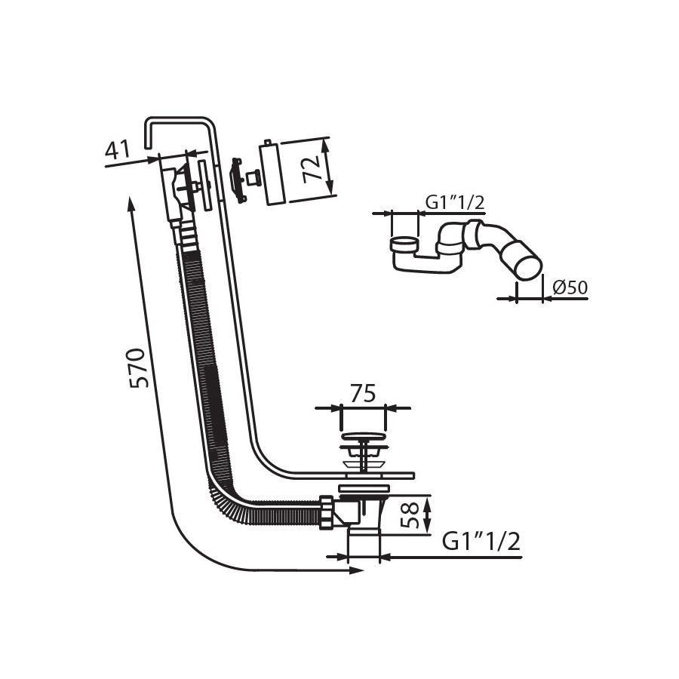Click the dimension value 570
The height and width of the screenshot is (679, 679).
140,367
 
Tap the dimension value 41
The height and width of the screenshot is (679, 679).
118,149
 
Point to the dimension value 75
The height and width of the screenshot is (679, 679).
363,394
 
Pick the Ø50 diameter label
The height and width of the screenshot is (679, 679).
570,287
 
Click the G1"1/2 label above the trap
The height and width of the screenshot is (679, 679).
455,203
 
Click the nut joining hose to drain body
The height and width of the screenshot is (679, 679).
327,513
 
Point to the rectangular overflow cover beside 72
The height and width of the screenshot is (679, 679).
272,173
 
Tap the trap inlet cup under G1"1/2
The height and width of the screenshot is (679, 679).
404,244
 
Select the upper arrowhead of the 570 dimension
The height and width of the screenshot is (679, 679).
131,204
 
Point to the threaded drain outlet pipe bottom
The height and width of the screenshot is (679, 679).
364,546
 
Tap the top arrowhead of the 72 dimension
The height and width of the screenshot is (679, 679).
327,144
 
